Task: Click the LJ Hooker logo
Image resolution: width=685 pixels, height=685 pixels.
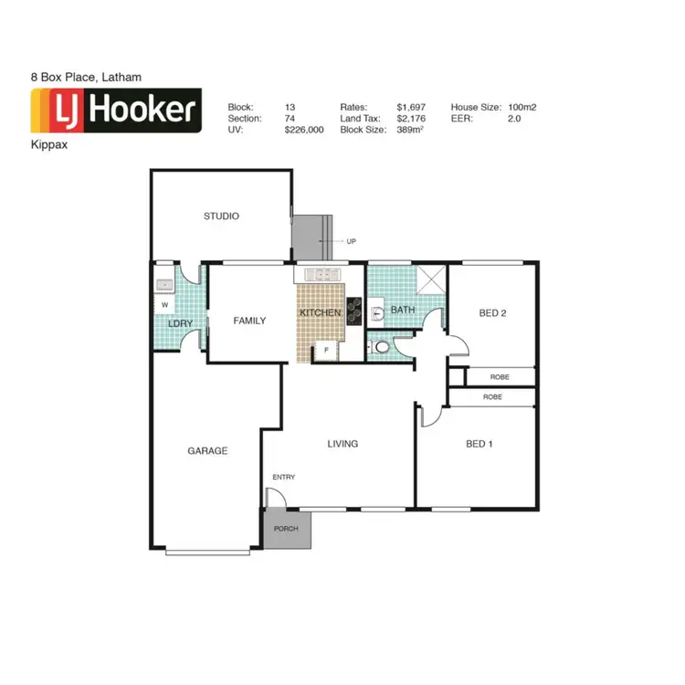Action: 115,111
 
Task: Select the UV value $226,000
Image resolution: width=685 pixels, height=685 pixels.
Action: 304,131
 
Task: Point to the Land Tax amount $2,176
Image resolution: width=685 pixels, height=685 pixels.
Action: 411,119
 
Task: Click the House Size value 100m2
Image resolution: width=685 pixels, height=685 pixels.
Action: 522,107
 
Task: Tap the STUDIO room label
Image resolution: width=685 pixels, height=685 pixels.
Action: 221,216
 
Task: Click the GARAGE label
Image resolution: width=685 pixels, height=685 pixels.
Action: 207,450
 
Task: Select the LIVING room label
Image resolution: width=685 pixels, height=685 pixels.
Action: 342,444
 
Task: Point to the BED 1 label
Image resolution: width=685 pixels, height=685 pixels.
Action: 479,444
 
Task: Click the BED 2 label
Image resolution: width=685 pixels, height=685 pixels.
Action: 492,313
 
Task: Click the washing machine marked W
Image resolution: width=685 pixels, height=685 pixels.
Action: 165,304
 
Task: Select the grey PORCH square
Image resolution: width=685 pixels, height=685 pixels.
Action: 287,529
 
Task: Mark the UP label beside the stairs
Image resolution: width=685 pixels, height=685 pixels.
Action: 351,241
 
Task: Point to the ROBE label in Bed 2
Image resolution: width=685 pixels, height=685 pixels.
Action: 499,376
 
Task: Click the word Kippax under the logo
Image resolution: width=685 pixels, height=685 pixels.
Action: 47,144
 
